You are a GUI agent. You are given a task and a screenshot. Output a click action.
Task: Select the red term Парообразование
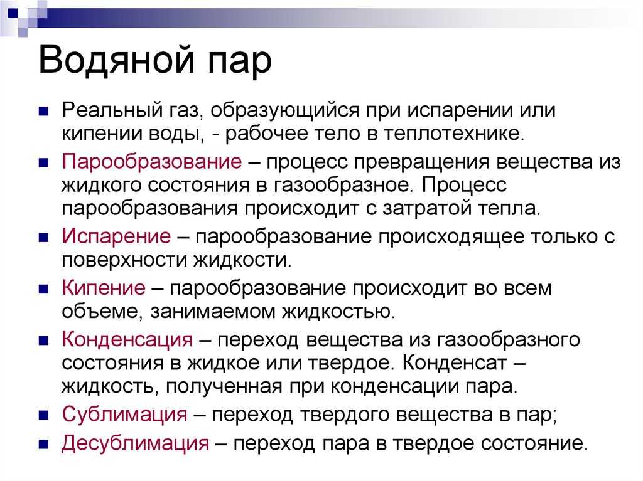click(152, 162)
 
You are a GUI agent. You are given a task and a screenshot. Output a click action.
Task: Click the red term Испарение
click(116, 237)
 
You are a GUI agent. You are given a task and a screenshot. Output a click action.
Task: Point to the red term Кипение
click(104, 288)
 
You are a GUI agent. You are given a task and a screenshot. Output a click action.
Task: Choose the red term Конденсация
click(127, 341)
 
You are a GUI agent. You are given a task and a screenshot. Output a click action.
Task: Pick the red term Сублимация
click(125, 415)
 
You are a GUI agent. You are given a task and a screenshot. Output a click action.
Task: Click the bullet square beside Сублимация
click(43, 415)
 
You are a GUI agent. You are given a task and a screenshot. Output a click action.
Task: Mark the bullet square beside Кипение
click(43, 289)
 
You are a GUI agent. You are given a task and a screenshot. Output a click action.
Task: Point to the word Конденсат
click(455, 363)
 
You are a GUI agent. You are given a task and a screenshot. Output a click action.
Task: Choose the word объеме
click(102, 312)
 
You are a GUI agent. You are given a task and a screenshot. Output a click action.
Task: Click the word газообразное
click(343, 186)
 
